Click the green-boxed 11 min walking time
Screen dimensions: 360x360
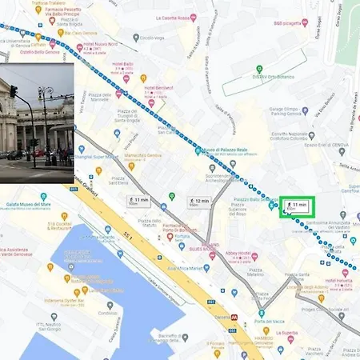coord(297,207)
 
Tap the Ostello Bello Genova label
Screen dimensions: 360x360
coord(34,53)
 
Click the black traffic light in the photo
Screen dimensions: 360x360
coord(14,90)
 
